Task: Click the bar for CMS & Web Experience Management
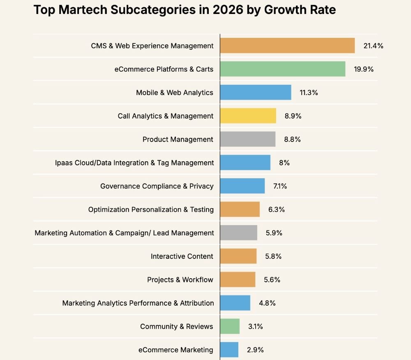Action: [x=287, y=45]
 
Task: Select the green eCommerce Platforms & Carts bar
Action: [x=283, y=69]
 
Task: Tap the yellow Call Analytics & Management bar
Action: [x=248, y=116]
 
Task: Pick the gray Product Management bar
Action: [x=248, y=139]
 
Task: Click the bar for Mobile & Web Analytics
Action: [x=256, y=92]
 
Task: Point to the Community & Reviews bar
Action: [x=230, y=326]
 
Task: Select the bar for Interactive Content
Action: [x=238, y=256]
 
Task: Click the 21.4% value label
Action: [x=373, y=46]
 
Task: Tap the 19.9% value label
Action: [x=364, y=69]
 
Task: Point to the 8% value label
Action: [x=284, y=163]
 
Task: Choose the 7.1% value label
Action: [x=280, y=186]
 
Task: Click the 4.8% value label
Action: [x=267, y=303]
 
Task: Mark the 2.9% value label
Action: [x=255, y=350]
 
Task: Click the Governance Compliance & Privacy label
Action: [x=157, y=186]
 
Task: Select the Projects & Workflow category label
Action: [x=180, y=280]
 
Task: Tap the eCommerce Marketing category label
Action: [x=175, y=350]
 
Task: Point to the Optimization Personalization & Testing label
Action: [x=151, y=210]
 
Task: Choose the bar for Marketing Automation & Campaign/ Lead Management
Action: [x=238, y=232]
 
